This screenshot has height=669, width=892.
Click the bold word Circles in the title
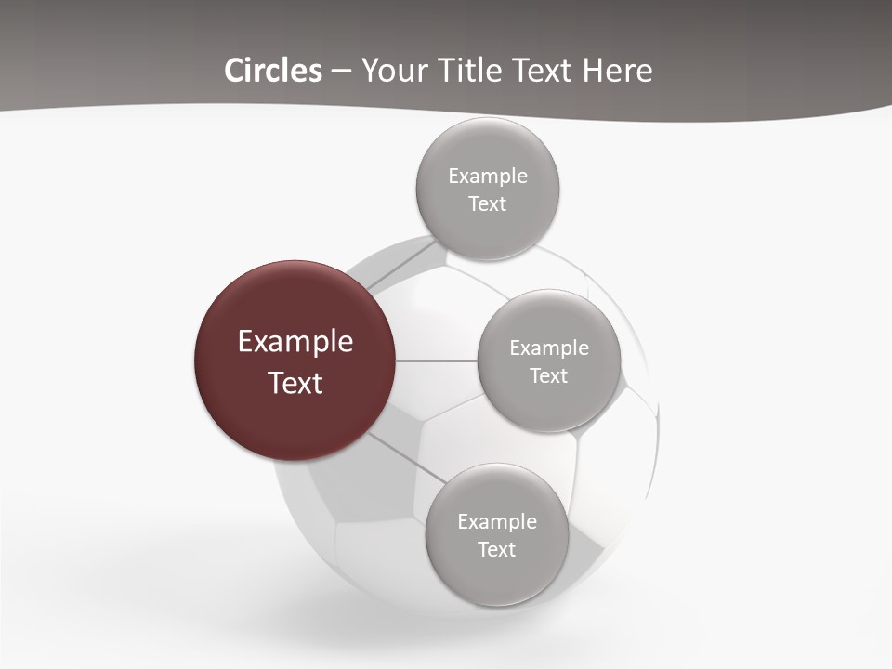[273, 71]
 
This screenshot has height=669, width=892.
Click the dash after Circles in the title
[341, 72]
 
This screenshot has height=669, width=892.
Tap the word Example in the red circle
[295, 342]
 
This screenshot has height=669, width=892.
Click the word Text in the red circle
[295, 383]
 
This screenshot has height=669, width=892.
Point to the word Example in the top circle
[487, 176]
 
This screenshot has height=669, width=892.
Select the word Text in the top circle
[487, 204]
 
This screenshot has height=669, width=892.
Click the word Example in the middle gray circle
[548, 348]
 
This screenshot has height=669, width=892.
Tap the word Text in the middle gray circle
[548, 376]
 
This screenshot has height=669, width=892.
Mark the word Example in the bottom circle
[496, 521]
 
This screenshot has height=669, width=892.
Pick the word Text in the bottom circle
[496, 550]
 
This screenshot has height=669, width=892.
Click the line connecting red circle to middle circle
[436, 361]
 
